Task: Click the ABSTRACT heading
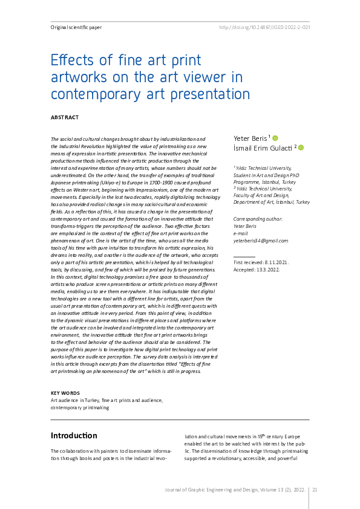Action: (x=65, y=117)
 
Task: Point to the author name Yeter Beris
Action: (x=250, y=138)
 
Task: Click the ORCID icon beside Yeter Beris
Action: (x=275, y=138)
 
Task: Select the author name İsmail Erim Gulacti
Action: (x=263, y=148)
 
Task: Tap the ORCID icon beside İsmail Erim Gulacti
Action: (x=301, y=148)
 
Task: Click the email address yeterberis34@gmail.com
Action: (x=260, y=241)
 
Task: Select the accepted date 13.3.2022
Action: (x=267, y=271)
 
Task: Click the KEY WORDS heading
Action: (x=65, y=393)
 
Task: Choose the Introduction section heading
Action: (x=74, y=435)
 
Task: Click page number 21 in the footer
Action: (x=315, y=490)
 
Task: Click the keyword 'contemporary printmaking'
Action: (x=80, y=407)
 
